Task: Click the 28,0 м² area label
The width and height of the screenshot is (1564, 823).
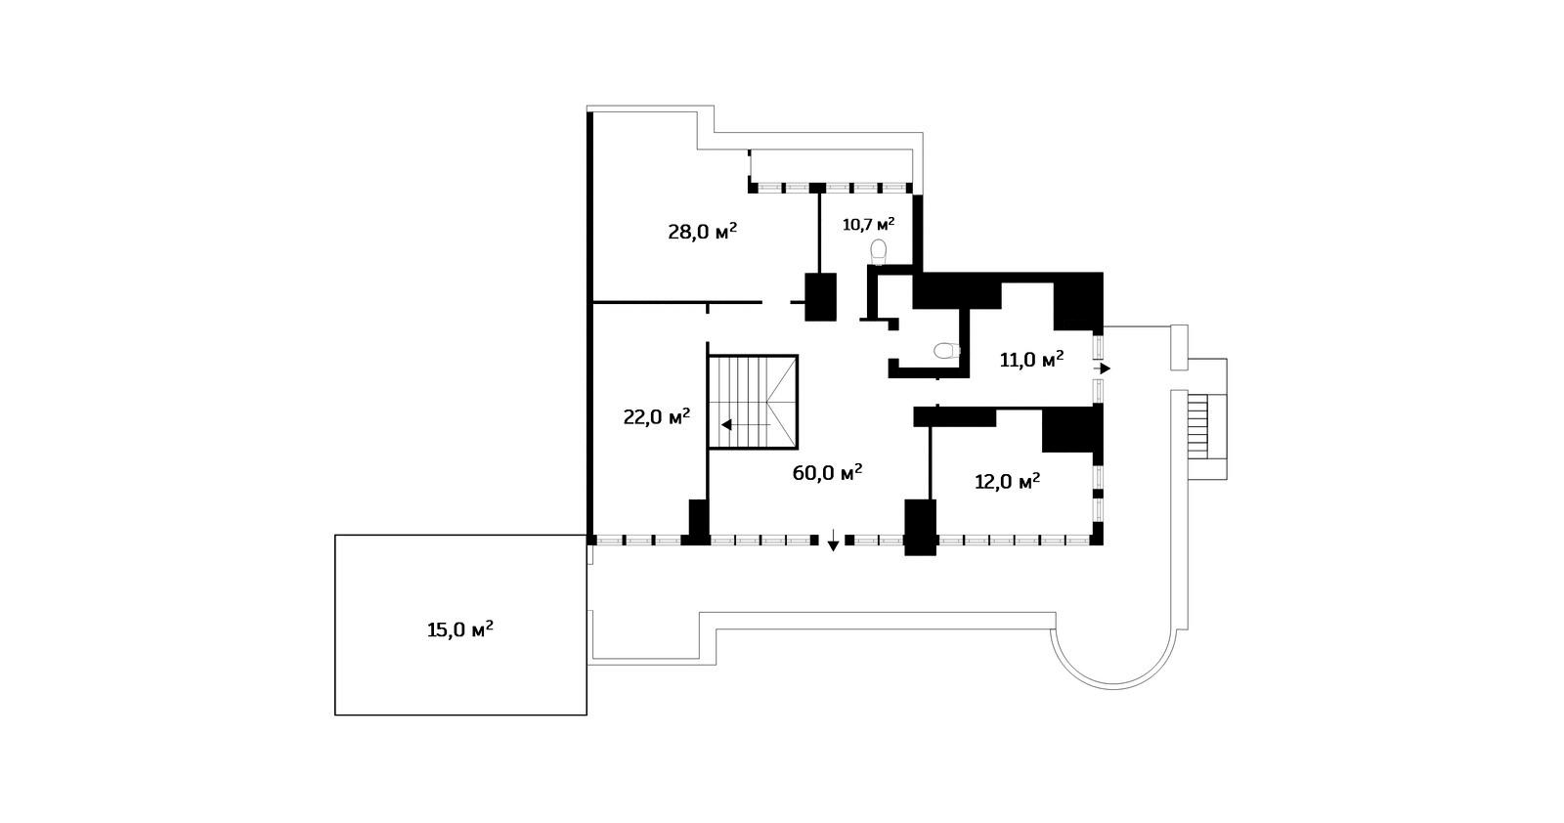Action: pyautogui.click(x=703, y=232)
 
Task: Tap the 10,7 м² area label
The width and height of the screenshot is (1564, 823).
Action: pyautogui.click(x=869, y=224)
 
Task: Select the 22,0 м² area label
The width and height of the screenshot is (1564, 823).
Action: pyautogui.click(x=656, y=416)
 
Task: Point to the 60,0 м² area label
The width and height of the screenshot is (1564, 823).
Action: pyautogui.click(x=827, y=472)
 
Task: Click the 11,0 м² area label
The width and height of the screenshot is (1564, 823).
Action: pyautogui.click(x=1032, y=361)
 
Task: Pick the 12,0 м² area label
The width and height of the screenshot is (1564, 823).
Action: pyautogui.click(x=1008, y=482)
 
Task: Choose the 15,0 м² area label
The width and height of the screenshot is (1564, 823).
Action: pyautogui.click(x=460, y=629)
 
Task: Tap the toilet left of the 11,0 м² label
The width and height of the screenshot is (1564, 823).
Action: pyautogui.click(x=947, y=351)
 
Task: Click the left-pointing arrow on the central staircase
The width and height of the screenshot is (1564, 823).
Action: pyautogui.click(x=746, y=424)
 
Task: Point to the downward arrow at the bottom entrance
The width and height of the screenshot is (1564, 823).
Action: pyautogui.click(x=832, y=541)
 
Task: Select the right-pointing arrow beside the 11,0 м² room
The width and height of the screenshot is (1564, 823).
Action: pyautogui.click(x=1103, y=368)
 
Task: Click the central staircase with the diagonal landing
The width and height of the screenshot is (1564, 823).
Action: pyautogui.click(x=753, y=402)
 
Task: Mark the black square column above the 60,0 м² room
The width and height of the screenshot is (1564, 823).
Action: pyautogui.click(x=820, y=297)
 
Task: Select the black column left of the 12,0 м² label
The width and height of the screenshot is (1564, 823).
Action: pyautogui.click(x=920, y=527)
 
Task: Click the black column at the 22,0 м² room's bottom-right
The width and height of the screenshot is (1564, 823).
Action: pyautogui.click(x=698, y=521)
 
